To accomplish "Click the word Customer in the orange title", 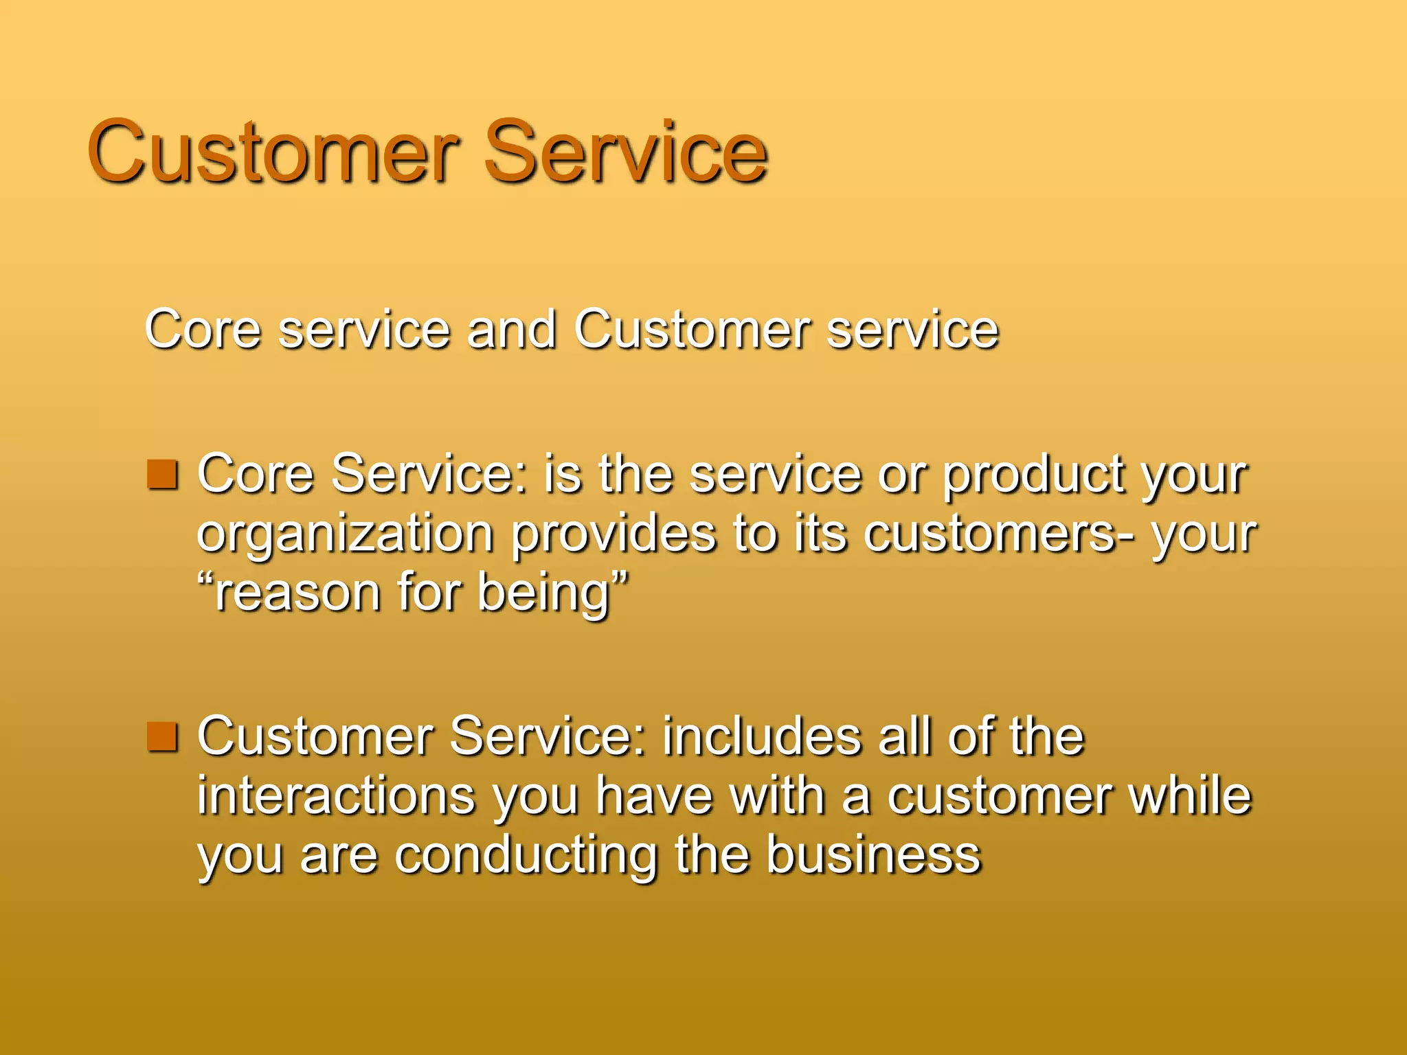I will click(x=273, y=152).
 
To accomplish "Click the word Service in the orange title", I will click(x=625, y=152).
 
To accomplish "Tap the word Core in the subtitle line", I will click(x=203, y=330).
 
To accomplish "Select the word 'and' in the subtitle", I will click(x=511, y=330).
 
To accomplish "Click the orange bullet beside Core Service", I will click(x=163, y=475).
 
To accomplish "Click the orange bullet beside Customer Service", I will click(x=163, y=737).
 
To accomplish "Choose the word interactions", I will click(x=337, y=796).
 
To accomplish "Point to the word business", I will click(x=873, y=855).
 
